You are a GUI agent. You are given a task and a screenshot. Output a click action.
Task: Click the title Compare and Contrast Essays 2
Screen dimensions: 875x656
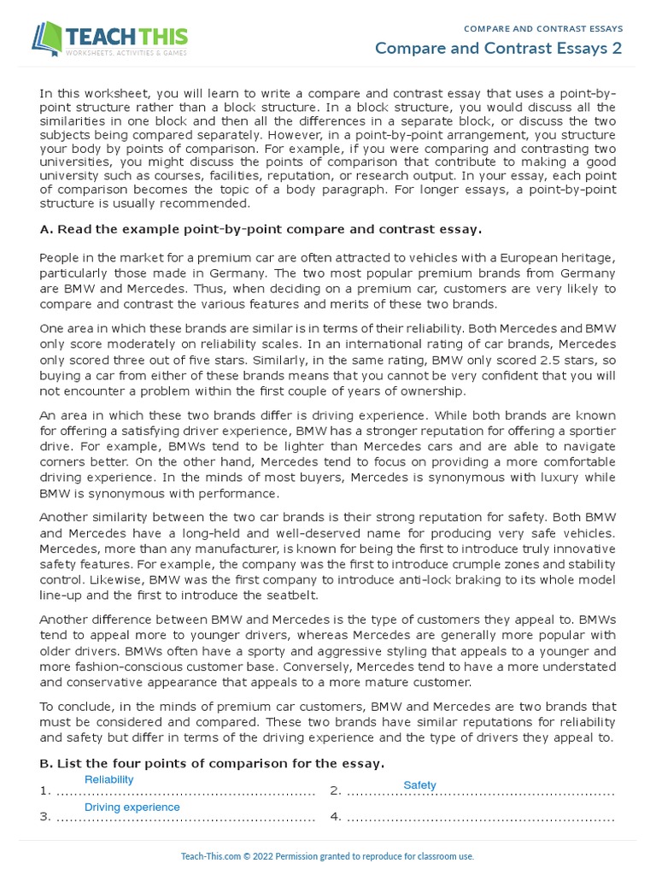point(498,48)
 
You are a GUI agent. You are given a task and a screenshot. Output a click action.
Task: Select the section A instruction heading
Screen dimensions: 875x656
point(261,229)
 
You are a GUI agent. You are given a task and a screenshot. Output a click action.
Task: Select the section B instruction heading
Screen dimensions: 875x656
point(212,763)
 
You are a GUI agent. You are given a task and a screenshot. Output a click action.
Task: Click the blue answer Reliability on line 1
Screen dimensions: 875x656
point(108,779)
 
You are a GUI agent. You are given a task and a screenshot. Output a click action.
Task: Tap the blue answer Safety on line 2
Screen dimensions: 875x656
point(419,784)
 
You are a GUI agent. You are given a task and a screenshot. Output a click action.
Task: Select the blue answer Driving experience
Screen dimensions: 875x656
point(132,807)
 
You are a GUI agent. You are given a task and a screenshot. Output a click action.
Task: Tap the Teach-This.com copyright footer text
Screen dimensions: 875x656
point(327,856)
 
